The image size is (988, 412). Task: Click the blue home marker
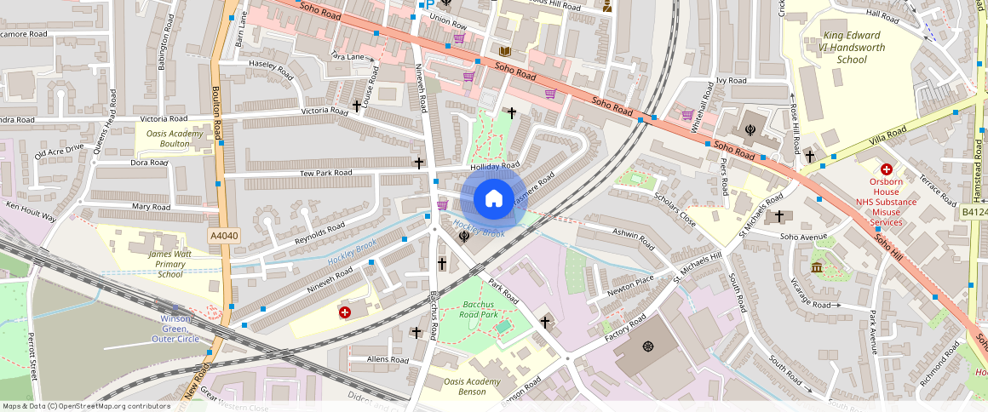pyautogui.click(x=493, y=199)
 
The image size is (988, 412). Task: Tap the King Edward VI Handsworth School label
pyautogui.click(x=840, y=48)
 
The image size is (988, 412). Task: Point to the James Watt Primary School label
pyautogui.click(x=170, y=264)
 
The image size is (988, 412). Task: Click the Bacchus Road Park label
pyautogui.click(x=480, y=310)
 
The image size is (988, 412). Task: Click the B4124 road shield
pyautogui.click(x=974, y=212)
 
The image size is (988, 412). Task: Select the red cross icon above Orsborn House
pyautogui.click(x=887, y=169)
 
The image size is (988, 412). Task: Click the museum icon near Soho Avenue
pyautogui.click(x=817, y=268)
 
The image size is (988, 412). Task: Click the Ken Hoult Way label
pyautogui.click(x=31, y=212)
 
